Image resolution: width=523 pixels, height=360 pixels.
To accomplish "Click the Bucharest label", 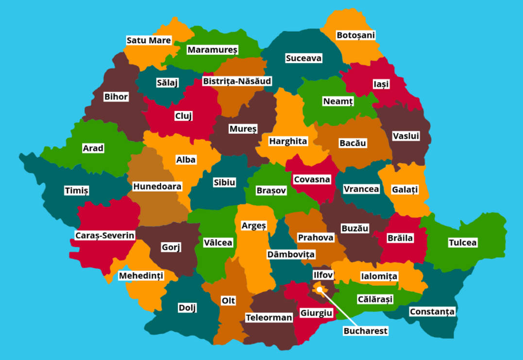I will pyautogui.click(x=366, y=331).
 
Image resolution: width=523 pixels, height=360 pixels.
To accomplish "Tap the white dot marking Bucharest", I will pyautogui.click(x=320, y=290).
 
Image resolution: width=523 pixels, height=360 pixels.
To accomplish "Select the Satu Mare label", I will pyautogui.click(x=149, y=40).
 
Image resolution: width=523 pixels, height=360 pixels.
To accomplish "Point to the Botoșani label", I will pyautogui.click(x=355, y=35).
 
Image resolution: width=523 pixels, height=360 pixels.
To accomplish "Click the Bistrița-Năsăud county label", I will pyautogui.click(x=237, y=81).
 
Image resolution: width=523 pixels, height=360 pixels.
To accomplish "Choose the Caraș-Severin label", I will pyautogui.click(x=105, y=235).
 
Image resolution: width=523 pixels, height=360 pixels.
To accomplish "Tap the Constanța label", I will pyautogui.click(x=432, y=311).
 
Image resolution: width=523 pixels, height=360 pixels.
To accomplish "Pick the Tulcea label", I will pyautogui.click(x=462, y=243).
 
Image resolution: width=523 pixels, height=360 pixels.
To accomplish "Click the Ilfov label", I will pyautogui.click(x=323, y=275).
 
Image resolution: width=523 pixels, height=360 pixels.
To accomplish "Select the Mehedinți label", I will pyautogui.click(x=141, y=276).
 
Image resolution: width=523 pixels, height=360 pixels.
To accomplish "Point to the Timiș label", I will pyautogui.click(x=77, y=191).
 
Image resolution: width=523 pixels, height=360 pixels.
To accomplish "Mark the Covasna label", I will pyautogui.click(x=312, y=180).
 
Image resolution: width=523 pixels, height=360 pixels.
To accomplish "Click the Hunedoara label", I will pyautogui.click(x=157, y=186).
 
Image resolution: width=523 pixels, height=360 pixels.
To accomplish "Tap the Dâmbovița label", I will pyautogui.click(x=291, y=254).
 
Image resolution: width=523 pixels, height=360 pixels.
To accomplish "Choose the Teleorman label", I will pyautogui.click(x=269, y=318).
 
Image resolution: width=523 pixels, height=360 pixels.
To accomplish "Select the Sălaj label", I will pyautogui.click(x=167, y=82).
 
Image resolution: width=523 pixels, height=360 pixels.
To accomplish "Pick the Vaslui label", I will pyautogui.click(x=405, y=136).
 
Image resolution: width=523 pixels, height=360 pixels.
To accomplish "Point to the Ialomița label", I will pyautogui.click(x=379, y=276).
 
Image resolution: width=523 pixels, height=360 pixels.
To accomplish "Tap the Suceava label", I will pyautogui.click(x=304, y=58).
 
